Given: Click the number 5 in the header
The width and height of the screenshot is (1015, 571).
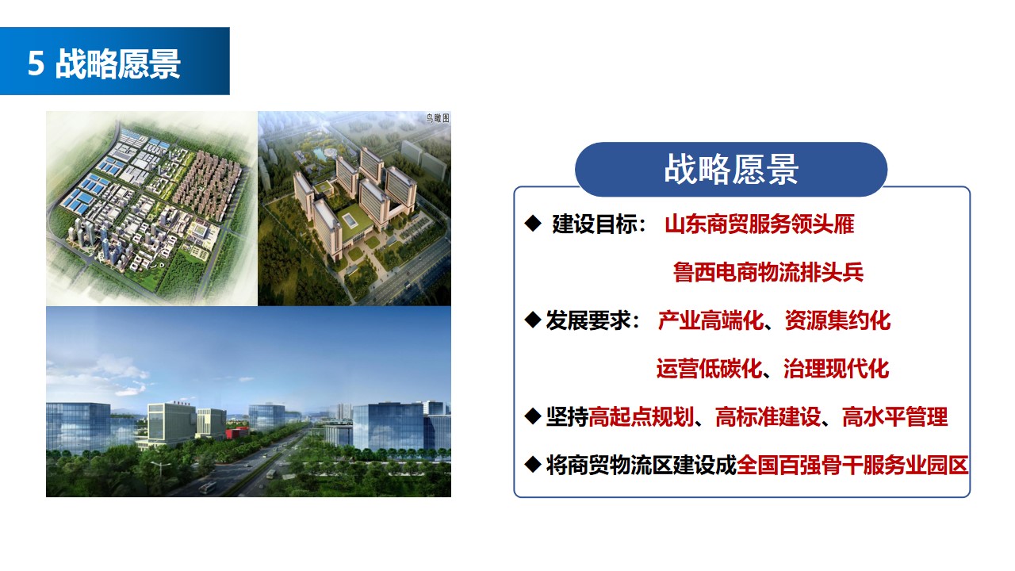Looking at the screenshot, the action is point(36,63).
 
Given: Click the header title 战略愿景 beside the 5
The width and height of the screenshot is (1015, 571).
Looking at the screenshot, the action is point(118,63).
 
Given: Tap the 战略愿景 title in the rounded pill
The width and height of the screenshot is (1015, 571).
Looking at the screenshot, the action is point(731,170).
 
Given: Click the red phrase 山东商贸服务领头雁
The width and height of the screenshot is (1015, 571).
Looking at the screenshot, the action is point(760,224).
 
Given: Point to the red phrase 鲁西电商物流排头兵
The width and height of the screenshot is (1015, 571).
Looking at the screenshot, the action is point(768,272).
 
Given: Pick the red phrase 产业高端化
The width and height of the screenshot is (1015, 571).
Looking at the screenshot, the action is point(710,320).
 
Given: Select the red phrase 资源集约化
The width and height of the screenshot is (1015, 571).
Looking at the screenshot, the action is point(838,320).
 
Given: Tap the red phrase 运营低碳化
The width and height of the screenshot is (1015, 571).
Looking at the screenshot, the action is point(709,369).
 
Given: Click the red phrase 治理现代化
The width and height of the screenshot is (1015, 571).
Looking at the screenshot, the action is point(837,369).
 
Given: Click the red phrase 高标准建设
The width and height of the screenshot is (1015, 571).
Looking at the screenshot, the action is point(768,417).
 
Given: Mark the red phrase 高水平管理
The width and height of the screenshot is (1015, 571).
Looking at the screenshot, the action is point(895,417).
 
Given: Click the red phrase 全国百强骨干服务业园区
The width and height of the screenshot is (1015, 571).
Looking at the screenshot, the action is point(852,465).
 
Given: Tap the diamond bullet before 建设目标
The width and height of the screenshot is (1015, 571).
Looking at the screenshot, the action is point(533,224).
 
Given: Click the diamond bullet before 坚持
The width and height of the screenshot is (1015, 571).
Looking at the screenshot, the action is point(533,416).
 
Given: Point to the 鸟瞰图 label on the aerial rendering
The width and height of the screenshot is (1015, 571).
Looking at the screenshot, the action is point(438,119).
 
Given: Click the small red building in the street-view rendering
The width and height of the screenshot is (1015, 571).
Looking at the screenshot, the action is point(237,432).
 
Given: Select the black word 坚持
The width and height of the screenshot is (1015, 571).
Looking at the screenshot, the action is point(567,417).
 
